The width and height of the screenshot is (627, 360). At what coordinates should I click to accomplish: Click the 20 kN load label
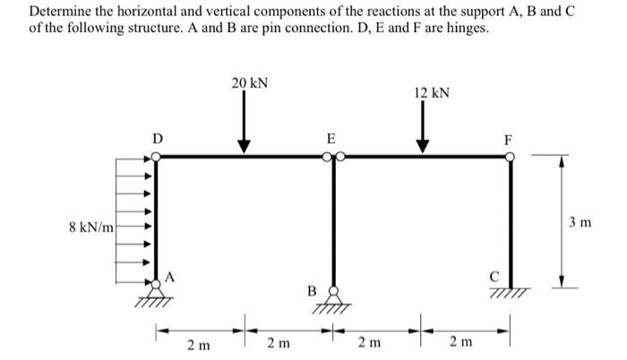pos(248,83)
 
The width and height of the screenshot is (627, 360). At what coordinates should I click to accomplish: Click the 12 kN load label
pos(432,93)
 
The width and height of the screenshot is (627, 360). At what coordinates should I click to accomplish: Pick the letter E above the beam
pos(331,139)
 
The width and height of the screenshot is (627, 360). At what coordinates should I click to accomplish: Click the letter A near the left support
pos(169,276)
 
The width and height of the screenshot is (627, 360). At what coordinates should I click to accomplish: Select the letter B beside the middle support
pos(312,290)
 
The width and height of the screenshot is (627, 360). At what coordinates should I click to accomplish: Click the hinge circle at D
pos(157,157)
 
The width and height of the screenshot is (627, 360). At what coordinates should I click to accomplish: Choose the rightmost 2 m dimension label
pos(466,344)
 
